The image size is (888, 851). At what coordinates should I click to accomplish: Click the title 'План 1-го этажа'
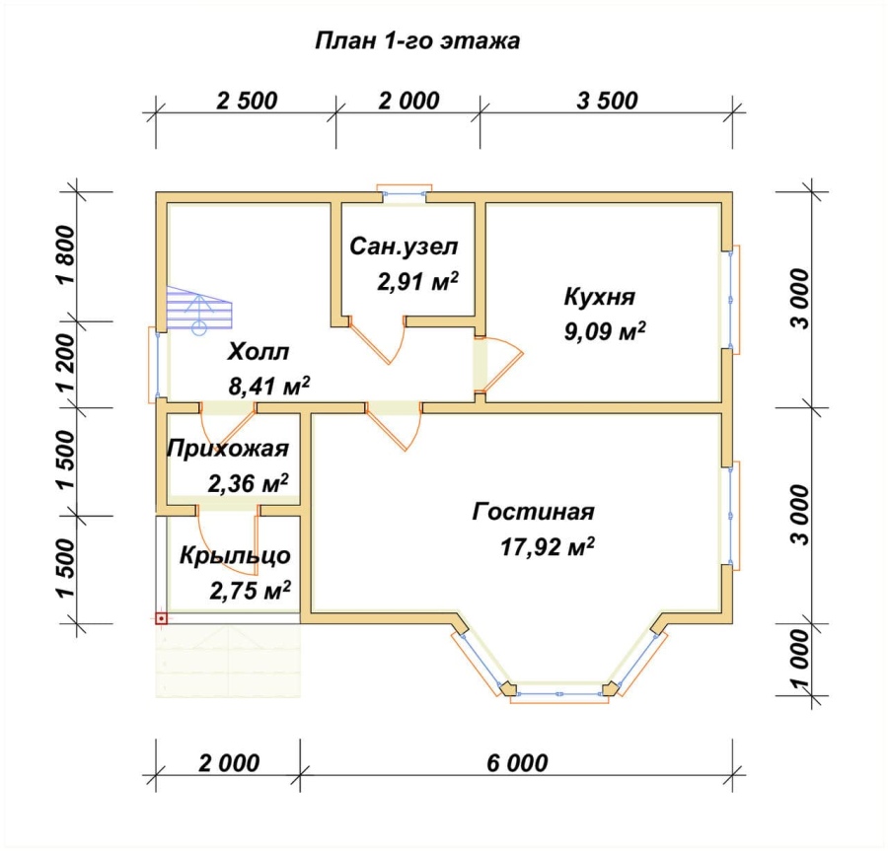coord(416,41)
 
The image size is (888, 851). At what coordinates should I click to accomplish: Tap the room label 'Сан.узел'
coord(404,247)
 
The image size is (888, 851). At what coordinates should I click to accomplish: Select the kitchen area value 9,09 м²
coord(605,331)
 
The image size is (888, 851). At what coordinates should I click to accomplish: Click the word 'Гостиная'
coord(533,512)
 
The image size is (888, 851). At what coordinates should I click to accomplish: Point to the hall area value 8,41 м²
coord(269,386)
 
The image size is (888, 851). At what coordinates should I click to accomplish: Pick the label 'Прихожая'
coord(228,449)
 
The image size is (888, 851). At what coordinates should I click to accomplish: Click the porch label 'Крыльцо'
coord(235,555)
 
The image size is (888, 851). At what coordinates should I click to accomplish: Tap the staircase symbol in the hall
coord(199,309)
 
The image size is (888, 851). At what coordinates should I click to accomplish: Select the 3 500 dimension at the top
coord(607,101)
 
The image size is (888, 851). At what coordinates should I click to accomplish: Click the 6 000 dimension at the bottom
coord(517,762)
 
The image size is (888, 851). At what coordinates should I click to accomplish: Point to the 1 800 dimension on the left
coord(66,255)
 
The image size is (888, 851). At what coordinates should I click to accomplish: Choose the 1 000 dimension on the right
coord(800,660)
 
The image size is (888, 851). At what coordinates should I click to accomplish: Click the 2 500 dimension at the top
coord(247,101)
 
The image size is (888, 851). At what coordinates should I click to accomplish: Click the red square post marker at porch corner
coord(162,618)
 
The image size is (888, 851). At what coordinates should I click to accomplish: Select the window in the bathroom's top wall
coord(405,192)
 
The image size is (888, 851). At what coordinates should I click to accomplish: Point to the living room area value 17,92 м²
coord(548,547)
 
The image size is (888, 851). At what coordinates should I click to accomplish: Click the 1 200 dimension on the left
coord(66,363)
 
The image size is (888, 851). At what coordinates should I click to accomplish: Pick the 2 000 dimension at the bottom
coord(229,762)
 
